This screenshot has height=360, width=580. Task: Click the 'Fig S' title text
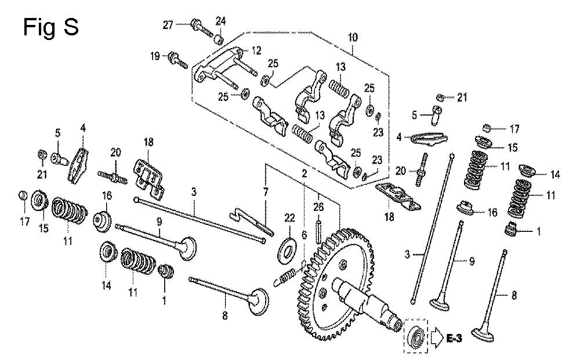click(51, 27)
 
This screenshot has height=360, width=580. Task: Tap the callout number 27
click(168, 24)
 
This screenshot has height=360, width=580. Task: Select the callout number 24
click(220, 22)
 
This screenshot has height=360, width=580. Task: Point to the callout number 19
click(155, 56)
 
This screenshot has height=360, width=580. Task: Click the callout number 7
click(266, 191)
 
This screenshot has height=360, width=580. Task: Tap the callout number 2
click(303, 173)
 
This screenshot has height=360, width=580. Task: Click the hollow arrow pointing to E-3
click(435, 337)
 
